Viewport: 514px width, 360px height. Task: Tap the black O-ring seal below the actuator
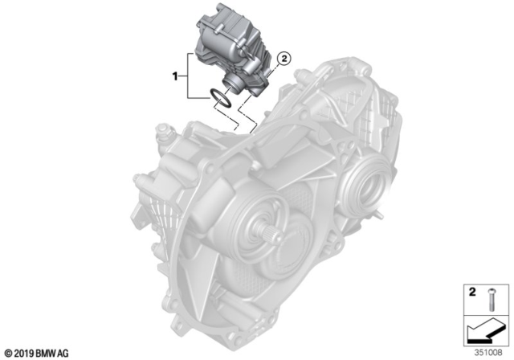click(x=221, y=99)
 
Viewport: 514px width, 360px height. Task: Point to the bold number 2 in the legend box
click(x=472, y=290)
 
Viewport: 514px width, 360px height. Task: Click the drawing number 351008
click(x=488, y=350)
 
